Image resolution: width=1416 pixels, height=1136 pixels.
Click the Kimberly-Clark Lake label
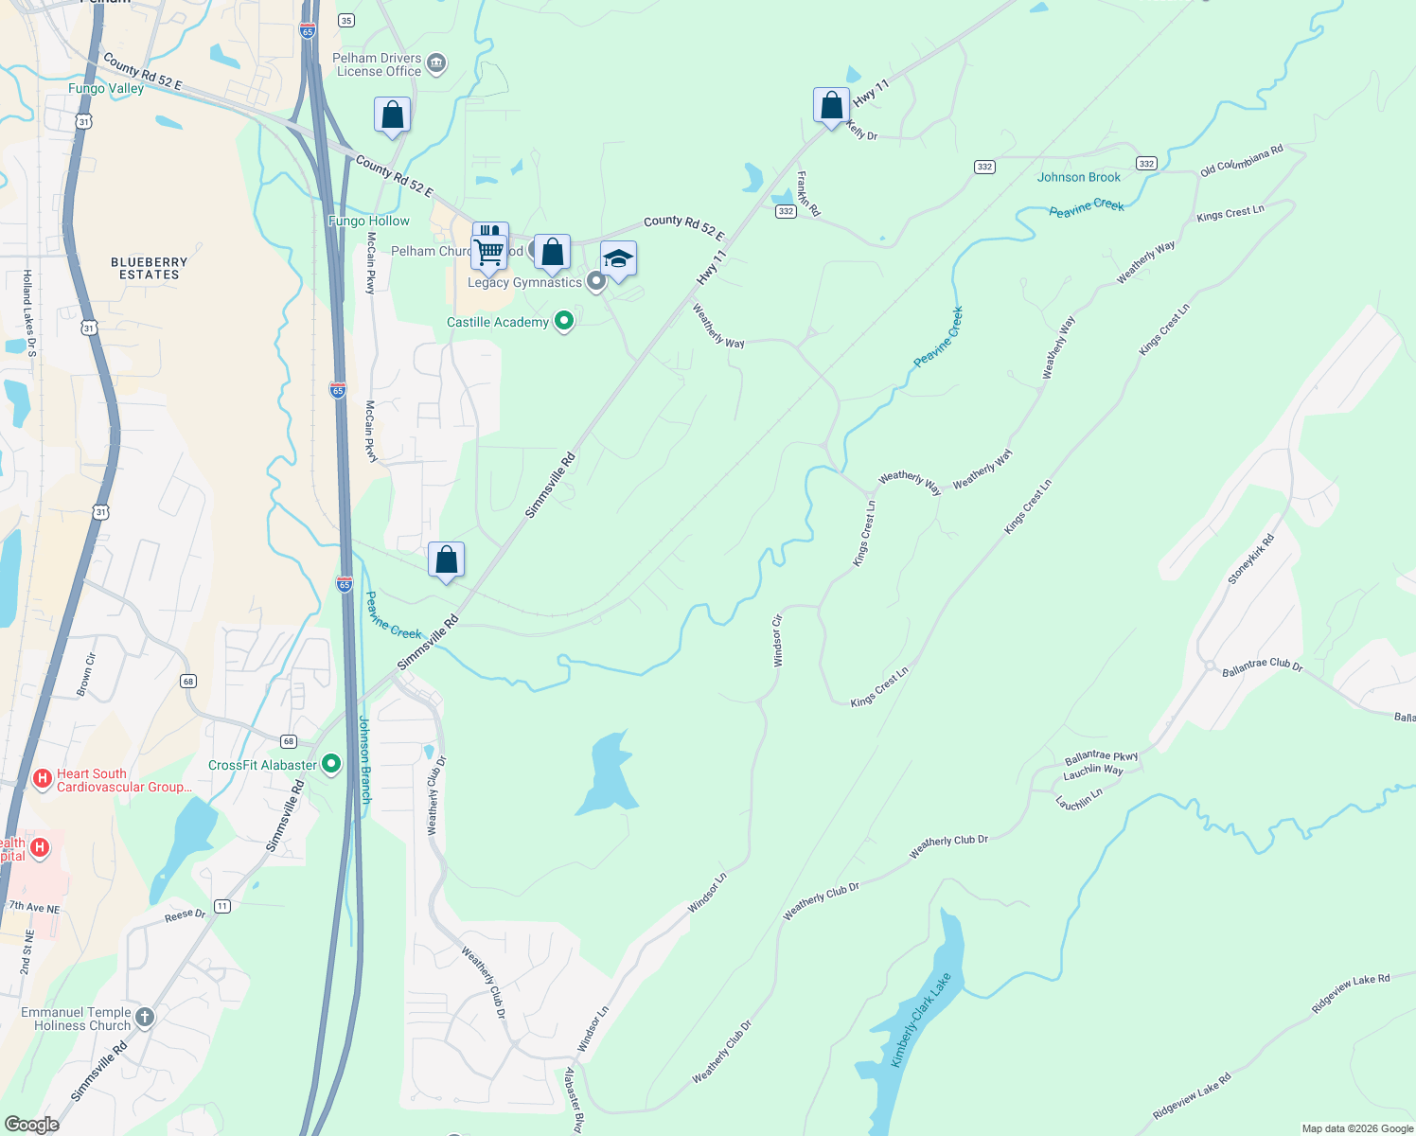tap(921, 1020)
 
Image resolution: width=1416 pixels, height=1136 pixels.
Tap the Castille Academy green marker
tap(564, 322)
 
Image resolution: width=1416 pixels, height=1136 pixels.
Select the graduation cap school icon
tap(618, 258)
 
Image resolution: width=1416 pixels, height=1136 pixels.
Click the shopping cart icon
tap(489, 252)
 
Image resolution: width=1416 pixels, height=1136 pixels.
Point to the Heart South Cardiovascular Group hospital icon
tap(42, 779)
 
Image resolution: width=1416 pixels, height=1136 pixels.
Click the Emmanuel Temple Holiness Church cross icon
tap(144, 1018)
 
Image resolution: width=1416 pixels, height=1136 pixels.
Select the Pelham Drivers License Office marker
tap(436, 63)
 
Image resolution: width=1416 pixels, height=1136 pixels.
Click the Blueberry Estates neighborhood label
tap(149, 268)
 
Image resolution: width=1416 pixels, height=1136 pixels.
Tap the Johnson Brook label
tap(1078, 177)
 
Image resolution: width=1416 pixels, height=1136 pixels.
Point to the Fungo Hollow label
tap(369, 221)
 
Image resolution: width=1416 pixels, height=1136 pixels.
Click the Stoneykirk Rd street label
tap(1250, 559)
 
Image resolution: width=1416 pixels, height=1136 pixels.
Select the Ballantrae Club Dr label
tap(1262, 666)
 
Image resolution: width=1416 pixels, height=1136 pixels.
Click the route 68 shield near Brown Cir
tap(188, 682)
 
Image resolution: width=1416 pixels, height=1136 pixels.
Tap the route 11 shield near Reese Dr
tap(221, 906)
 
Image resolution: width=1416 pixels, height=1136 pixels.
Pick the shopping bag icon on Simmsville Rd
tap(446, 559)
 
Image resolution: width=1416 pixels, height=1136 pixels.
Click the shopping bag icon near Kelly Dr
tap(831, 106)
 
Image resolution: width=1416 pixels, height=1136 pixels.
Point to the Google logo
tap(31, 1125)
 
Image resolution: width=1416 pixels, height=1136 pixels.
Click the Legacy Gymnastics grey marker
tap(595, 281)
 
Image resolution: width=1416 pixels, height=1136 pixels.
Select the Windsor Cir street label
tap(778, 640)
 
